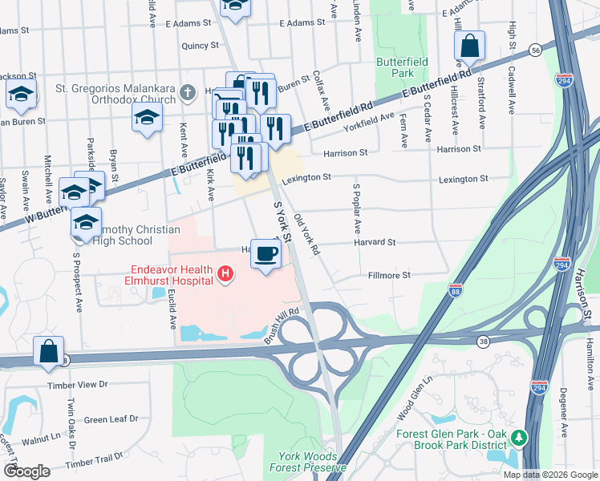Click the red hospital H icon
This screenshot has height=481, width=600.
tap(226, 275)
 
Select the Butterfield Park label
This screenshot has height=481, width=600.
tap(402, 67)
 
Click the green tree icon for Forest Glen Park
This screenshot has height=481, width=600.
tap(519, 438)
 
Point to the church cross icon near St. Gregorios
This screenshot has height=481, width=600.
tap(188, 93)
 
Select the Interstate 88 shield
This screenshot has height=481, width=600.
tap(456, 289)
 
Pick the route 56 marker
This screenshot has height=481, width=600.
tap(535, 51)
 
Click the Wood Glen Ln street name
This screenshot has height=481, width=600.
tap(416, 407)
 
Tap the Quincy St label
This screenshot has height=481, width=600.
tap(201, 46)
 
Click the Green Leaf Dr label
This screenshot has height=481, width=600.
tap(111, 419)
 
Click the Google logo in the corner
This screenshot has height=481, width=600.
tap(26, 471)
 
